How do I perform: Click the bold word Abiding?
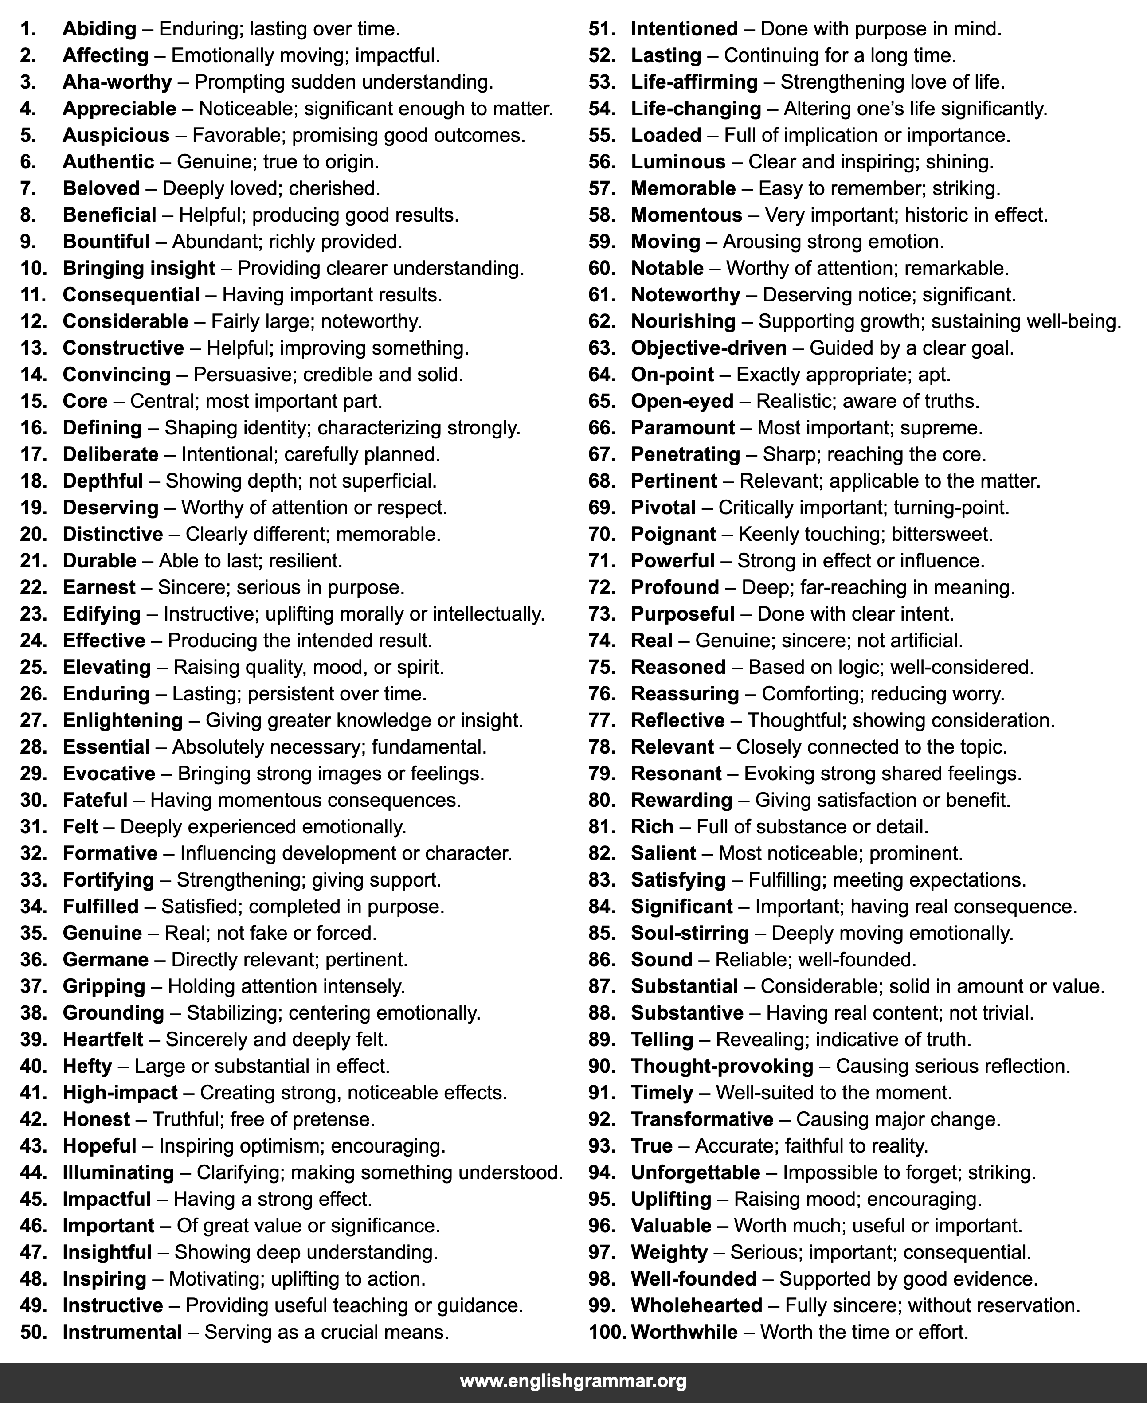[x=99, y=29]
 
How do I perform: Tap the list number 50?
[x=33, y=1332]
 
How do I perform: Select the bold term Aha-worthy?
[x=117, y=82]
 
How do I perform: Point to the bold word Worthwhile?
[x=684, y=1332]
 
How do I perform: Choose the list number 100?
[x=607, y=1332]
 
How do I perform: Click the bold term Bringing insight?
[x=139, y=268]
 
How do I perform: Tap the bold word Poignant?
[x=673, y=534]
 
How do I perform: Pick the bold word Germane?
[x=106, y=960]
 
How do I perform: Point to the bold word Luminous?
[x=678, y=162]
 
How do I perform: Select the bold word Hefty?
[x=87, y=1066]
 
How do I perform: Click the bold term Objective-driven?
[x=709, y=348]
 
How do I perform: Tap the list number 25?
[x=33, y=667]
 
